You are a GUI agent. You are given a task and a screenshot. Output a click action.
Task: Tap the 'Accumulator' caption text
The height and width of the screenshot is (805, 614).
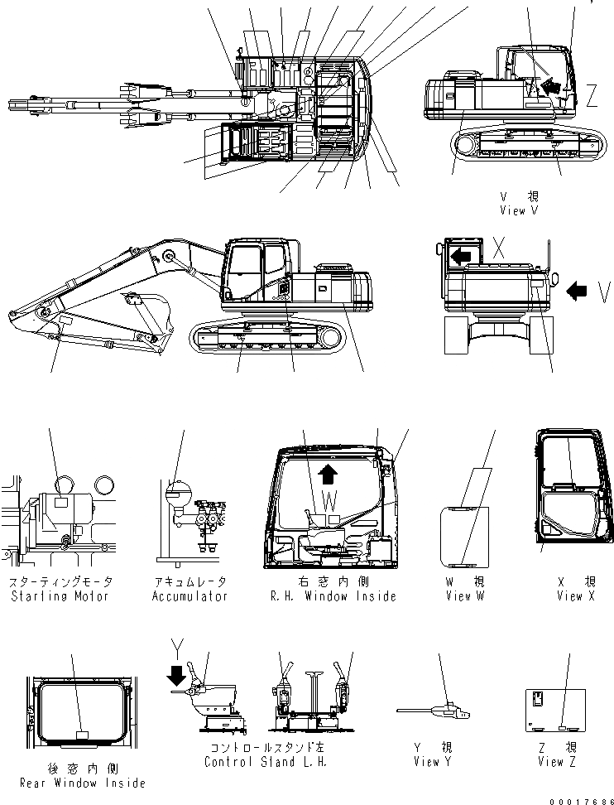point(189,596)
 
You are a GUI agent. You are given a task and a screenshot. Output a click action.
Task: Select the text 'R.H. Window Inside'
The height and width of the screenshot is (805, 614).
point(333,596)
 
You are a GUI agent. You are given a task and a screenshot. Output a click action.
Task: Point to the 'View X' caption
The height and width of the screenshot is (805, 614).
point(575,596)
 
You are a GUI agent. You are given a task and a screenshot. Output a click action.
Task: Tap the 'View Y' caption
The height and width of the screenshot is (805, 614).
point(430,762)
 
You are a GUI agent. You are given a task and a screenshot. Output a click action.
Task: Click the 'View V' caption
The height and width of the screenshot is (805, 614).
point(519,210)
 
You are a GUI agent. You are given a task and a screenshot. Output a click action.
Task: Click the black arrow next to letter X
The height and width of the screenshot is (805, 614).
point(460,258)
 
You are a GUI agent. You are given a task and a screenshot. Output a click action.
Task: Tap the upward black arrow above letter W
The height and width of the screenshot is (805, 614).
point(328,472)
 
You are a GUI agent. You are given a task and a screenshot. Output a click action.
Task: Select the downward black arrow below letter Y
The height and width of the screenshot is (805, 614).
point(175,678)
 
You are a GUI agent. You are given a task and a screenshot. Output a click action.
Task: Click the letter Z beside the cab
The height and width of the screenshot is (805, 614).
point(591,97)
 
